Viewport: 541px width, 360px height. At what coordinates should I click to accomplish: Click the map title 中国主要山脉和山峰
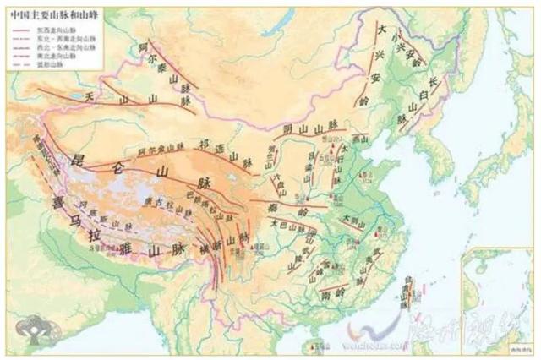[45, 14]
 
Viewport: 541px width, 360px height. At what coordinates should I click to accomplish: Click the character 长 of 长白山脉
[435, 81]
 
